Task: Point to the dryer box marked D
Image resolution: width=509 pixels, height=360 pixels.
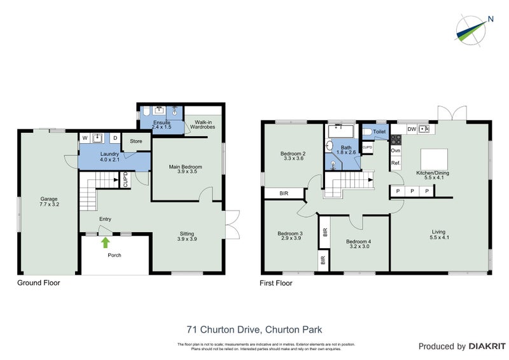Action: point(115,137)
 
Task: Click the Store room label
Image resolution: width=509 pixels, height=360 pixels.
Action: point(136,141)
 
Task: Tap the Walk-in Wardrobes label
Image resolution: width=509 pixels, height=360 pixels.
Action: point(203,125)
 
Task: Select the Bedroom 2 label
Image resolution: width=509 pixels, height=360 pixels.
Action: point(293,156)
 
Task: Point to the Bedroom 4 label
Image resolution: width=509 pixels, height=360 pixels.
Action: point(359,244)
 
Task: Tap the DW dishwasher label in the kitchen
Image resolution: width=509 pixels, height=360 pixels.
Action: point(412,129)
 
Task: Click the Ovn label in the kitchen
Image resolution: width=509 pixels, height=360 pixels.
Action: point(395,151)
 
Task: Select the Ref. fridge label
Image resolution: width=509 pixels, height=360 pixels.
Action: point(395,163)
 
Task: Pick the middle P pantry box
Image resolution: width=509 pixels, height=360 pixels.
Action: point(412,191)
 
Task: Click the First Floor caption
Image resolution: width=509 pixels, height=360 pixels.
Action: point(277,283)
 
